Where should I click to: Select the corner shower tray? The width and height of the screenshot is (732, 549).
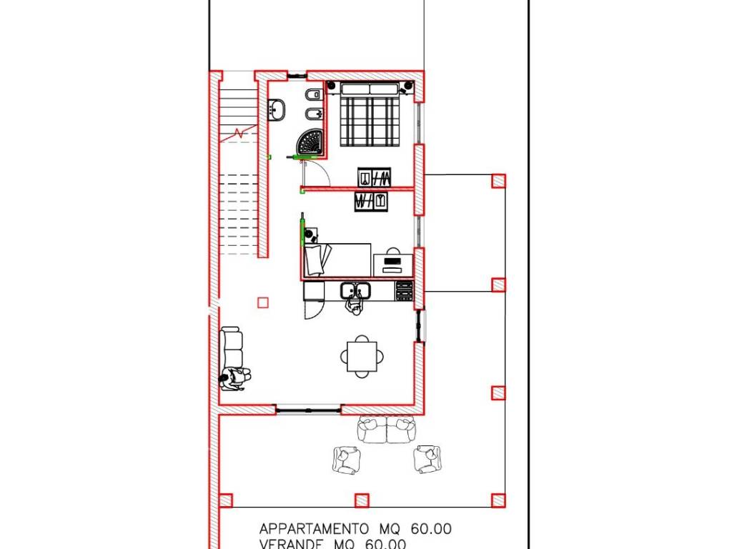tap(312, 142)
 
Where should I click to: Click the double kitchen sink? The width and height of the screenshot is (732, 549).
tap(355, 291)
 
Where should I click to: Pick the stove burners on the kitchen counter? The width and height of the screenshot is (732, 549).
tap(405, 291)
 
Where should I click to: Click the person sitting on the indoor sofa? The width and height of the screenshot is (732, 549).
tap(234, 379)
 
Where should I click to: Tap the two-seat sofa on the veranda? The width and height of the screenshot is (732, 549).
tap(386, 430)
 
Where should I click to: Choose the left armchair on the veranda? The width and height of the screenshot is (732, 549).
tap(346, 459)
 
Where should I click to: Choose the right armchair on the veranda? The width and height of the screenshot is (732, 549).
tap(427, 458)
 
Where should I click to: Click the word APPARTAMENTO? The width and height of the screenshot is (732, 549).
tap(314, 529)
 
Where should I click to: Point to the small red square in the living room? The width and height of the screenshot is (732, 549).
tap(263, 302)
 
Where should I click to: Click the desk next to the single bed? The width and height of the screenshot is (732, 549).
tap(393, 262)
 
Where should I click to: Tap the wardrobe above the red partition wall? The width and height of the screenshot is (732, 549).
tap(375, 177)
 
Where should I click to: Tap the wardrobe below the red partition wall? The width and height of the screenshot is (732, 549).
tap(372, 201)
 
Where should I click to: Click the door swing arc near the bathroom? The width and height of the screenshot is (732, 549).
tap(319, 173)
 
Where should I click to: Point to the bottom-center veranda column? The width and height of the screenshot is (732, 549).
tap(362, 500)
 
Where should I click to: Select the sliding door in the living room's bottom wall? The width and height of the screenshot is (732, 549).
tap(308, 410)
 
